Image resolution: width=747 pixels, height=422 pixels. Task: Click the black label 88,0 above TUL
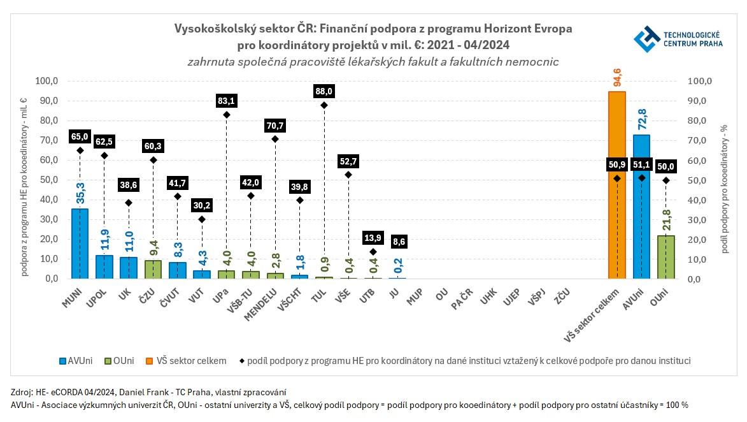(x=324, y=91)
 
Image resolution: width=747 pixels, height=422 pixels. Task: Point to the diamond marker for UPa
(x=226, y=115)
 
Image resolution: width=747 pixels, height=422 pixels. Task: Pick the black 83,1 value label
(x=226, y=101)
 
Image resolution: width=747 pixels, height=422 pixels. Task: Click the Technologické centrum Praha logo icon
(x=646, y=39)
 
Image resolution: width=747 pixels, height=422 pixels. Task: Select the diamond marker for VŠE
(x=348, y=175)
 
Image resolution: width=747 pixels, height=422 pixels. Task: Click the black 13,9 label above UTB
(x=373, y=238)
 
